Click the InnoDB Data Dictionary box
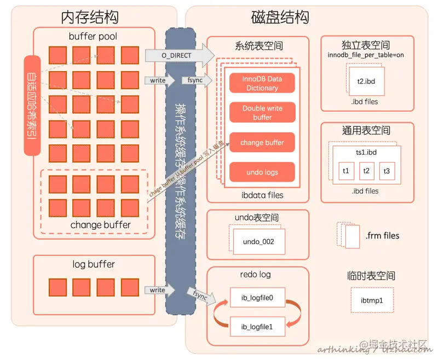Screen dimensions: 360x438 pyautogui.click(x=262, y=83)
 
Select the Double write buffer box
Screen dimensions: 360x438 pyautogui.click(x=262, y=113)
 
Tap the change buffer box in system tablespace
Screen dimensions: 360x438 pyautogui.click(x=262, y=143)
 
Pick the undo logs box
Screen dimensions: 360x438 pyautogui.click(x=262, y=172)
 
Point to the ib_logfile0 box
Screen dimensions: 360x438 pyautogui.click(x=257, y=298)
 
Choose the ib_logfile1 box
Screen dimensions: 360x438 pyautogui.click(x=257, y=328)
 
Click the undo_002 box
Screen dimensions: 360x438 pyautogui.click(x=258, y=241)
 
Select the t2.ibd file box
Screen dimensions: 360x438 pyautogui.click(x=366, y=80)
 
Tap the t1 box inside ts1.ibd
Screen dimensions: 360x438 pyautogui.click(x=345, y=171)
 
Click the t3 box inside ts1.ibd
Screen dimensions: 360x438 pyautogui.click(x=387, y=171)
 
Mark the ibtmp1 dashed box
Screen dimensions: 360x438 pyautogui.click(x=372, y=301)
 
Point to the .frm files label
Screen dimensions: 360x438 pyautogui.click(x=382, y=236)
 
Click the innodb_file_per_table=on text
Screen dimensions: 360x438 pyautogui.click(x=365, y=55)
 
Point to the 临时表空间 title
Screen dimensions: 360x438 pyautogui.click(x=371, y=275)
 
